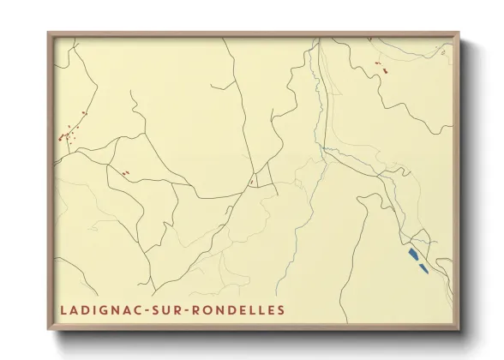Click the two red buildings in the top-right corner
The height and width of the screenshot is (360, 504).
pos(382,67)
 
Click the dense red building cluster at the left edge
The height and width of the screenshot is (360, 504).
pos(65,135)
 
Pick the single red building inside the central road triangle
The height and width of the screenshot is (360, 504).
pos(252,181)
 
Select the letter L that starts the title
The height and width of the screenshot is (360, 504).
pos(63,309)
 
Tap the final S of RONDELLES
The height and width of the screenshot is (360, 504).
pos(280,309)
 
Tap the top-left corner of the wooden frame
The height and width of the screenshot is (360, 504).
pos(48,33)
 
